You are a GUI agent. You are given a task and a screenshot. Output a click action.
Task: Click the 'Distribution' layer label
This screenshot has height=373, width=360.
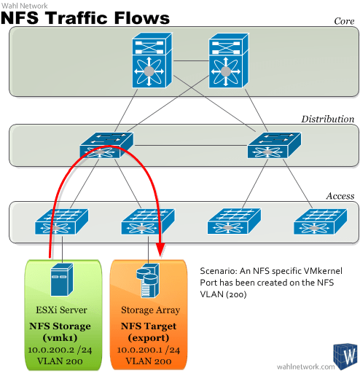(x=327, y=119)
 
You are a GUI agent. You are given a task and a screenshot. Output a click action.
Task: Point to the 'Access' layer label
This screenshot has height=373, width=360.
(x=340, y=196)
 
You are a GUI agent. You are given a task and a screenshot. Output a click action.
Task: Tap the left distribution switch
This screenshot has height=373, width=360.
(x=106, y=144)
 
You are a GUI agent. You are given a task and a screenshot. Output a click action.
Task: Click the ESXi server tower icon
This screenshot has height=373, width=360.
(x=61, y=282)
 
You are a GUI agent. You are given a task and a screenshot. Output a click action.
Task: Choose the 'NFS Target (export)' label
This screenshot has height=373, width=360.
(x=149, y=332)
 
